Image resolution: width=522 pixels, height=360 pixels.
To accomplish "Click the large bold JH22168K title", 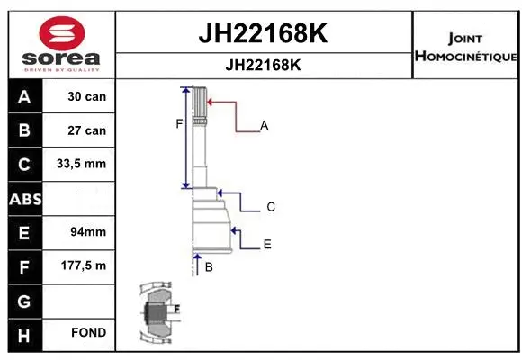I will pos(263,34).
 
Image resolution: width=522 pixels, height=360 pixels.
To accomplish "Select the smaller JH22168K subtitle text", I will pos(263,65).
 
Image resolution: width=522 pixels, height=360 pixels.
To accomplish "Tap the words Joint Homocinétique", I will pos(465,48).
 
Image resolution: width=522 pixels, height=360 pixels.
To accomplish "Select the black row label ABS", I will pos(24,199).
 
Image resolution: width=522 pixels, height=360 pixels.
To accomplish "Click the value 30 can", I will pos(87,96).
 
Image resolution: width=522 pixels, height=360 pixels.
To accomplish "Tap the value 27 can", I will pos(87,130).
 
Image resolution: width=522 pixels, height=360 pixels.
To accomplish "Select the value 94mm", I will pos(87,232).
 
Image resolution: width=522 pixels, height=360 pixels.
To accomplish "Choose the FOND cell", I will pos(88,333).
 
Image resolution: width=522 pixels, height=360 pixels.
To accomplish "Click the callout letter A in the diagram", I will pos(265,126).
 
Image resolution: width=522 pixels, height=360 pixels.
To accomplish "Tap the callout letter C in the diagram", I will pos(270,207).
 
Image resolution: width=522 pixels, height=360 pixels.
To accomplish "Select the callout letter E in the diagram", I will pos(267,244).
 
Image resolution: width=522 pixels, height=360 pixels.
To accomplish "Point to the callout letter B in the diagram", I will pos(209,267).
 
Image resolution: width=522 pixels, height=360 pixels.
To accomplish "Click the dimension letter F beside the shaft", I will pos(179,124).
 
